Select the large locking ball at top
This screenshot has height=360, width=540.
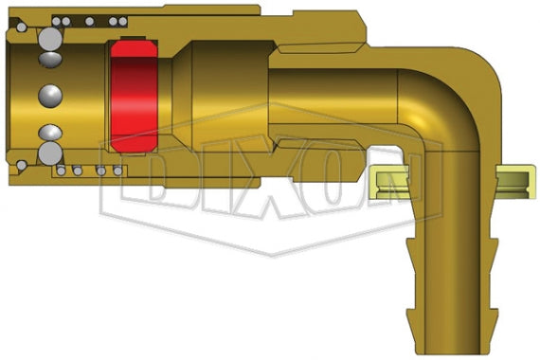coord(48,39)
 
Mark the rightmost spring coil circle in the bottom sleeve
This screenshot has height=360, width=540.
coord(117,171)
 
